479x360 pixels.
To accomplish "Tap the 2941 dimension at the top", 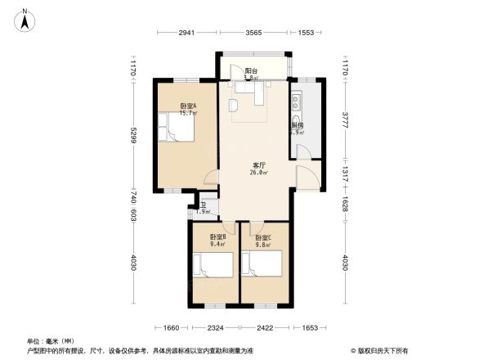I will [x=186, y=33].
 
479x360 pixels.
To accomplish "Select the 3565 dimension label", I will [x=253, y=33].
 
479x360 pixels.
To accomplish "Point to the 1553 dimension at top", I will [x=307, y=33].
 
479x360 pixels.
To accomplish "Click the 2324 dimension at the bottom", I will [x=217, y=327].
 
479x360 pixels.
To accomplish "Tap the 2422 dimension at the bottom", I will [x=265, y=327].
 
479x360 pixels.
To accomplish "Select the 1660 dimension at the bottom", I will [x=171, y=327].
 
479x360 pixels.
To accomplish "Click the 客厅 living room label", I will [x=258, y=164].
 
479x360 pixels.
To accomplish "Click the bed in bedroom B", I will [x=212, y=266].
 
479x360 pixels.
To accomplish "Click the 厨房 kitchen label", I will [x=298, y=126].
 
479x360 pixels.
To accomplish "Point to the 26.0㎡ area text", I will [x=258, y=173].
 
